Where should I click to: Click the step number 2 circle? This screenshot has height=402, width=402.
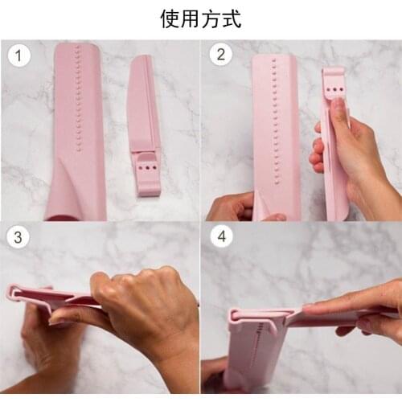click(x=220, y=55)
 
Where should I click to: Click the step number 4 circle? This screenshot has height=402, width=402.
click(x=220, y=238)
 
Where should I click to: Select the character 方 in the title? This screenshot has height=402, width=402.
click(x=211, y=19)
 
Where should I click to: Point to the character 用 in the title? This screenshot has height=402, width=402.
click(x=191, y=19)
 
